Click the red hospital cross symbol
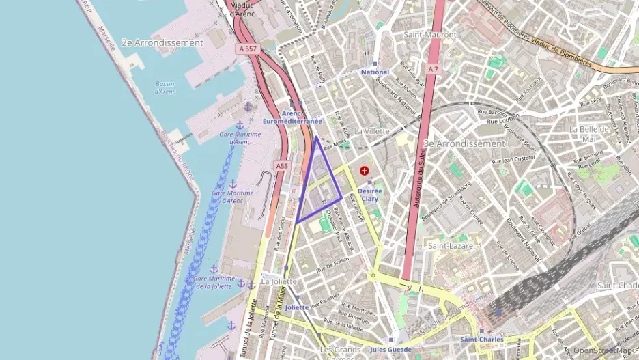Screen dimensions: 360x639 [x=365, y=169]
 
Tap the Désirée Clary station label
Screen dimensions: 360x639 [x=369, y=195]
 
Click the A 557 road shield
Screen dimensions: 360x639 [x=249, y=49]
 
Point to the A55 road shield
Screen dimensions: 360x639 [x=282, y=165]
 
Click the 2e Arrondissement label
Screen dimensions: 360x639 [x=162, y=42]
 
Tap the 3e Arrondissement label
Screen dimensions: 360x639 [x=464, y=144]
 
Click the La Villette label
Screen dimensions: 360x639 [x=372, y=131]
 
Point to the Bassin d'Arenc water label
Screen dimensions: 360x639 [x=165, y=88]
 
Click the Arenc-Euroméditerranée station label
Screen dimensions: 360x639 [x=292, y=117]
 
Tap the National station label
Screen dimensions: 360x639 [x=375, y=72]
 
